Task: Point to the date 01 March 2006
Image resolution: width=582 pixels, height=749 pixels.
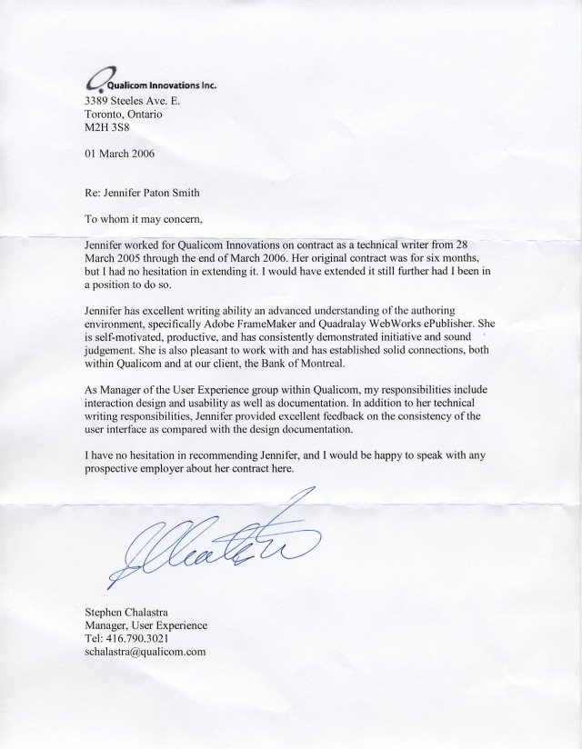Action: pos(119,154)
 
